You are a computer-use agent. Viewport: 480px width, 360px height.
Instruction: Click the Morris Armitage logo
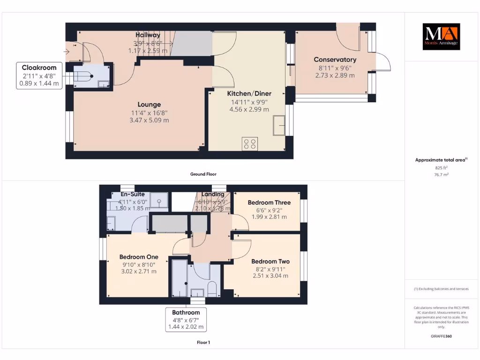pyautogui.click(x=441, y=37)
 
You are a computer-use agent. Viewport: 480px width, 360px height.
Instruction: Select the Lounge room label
pyautogui.click(x=149, y=105)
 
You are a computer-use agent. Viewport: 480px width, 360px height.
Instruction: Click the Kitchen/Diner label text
pyautogui.click(x=249, y=94)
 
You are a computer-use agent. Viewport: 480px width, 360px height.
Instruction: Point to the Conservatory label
pyautogui.click(x=335, y=60)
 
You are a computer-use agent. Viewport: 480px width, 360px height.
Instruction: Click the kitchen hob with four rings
pyautogui.click(x=249, y=143)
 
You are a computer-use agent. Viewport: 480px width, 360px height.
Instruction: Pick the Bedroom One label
pyautogui.click(x=139, y=257)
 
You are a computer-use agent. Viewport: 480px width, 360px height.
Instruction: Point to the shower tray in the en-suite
pyautogui.click(x=160, y=202)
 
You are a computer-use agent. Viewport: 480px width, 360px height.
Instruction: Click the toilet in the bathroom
pyautogui.click(x=211, y=289)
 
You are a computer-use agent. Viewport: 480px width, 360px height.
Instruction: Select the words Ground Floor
pyautogui.click(x=203, y=174)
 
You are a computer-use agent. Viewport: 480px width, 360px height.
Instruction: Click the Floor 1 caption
pyautogui.click(x=203, y=343)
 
